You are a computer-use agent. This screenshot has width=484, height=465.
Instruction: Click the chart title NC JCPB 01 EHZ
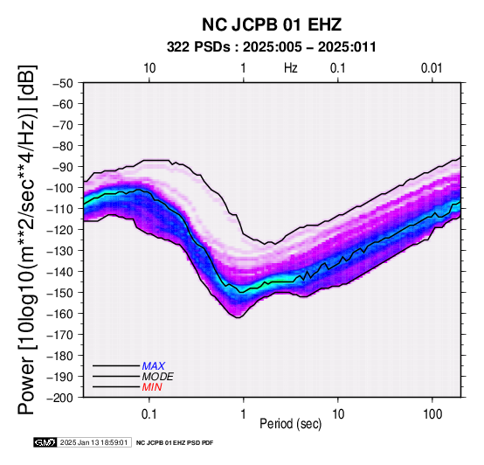(272, 24)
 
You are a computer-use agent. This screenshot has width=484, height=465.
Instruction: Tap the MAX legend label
(154, 366)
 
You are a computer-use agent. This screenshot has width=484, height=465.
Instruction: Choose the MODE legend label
(158, 377)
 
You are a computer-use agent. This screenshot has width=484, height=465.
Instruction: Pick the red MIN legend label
(152, 387)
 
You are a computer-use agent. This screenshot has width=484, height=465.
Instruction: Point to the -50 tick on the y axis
(63, 83)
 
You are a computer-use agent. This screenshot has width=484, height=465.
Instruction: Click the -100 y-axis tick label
(60, 188)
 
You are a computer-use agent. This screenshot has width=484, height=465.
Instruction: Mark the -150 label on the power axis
(60, 293)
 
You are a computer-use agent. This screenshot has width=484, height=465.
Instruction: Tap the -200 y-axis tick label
(60, 398)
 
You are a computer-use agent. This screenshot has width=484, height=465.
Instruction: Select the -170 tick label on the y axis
(60, 335)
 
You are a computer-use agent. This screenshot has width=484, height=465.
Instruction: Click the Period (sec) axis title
(290, 424)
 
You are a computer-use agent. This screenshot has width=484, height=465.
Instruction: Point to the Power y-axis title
(26, 239)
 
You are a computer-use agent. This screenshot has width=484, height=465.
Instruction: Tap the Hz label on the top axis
(291, 68)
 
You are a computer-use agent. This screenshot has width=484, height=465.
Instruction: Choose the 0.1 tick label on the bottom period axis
(149, 414)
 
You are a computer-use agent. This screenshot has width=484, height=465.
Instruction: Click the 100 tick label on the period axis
(432, 414)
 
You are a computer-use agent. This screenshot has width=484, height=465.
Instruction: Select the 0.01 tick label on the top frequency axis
(432, 68)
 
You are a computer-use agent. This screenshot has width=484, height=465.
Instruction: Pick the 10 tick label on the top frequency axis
(149, 68)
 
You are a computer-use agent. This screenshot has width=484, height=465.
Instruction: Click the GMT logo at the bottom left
(45, 442)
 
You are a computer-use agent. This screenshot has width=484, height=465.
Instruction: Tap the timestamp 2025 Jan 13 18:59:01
(93, 442)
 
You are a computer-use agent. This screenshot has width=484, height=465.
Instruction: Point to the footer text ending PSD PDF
(175, 443)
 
